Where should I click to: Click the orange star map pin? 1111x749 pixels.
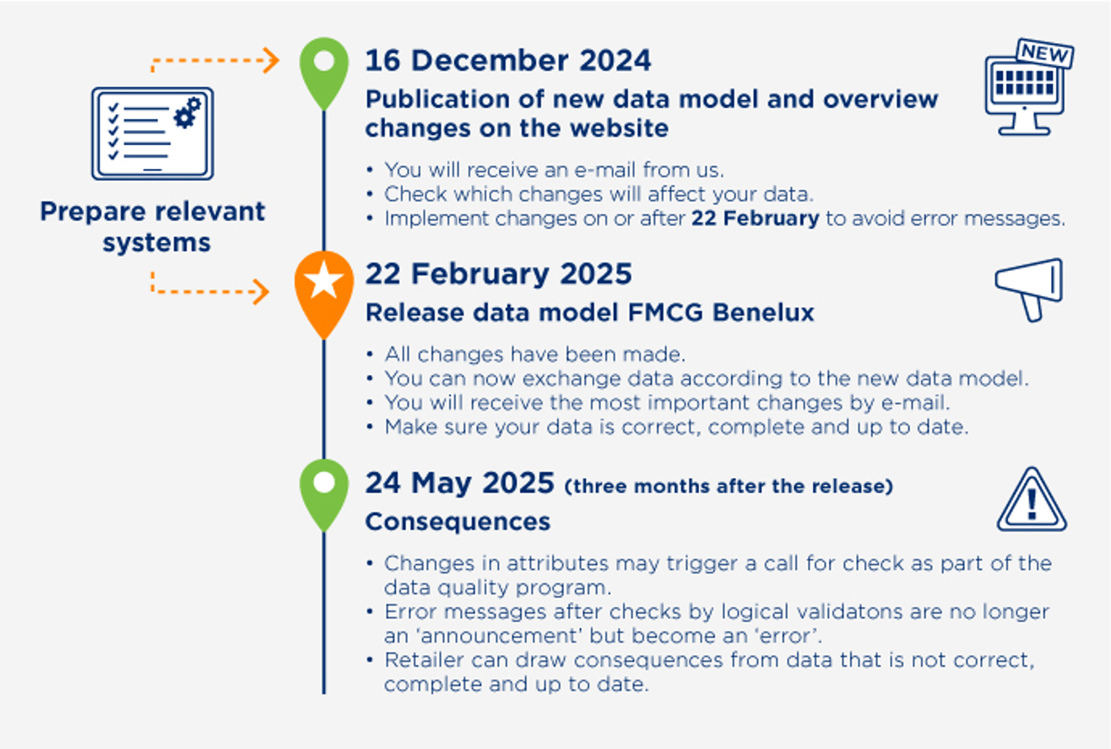tap(324, 294)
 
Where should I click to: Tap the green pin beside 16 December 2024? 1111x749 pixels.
tap(324, 72)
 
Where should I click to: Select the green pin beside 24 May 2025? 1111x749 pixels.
tap(324, 494)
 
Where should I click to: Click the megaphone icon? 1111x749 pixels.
tap(1028, 289)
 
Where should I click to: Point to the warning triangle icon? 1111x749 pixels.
tap(1032, 500)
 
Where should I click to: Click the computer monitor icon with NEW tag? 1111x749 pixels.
tap(1029, 87)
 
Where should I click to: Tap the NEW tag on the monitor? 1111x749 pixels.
tap(1045, 53)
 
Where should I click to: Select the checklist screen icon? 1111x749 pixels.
tap(153, 133)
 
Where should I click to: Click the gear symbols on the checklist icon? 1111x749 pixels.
tap(187, 112)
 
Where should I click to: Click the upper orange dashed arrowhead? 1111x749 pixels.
tap(271, 61)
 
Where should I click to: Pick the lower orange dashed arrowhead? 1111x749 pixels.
tap(261, 291)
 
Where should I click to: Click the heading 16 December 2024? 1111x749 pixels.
tap(508, 61)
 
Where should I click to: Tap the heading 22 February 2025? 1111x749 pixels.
tap(498, 274)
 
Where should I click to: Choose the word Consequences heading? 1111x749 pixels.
tap(458, 521)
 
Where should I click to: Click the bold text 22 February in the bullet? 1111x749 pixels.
tap(755, 218)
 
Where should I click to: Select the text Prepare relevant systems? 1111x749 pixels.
tap(153, 226)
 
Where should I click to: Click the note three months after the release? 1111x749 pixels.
tap(729, 486)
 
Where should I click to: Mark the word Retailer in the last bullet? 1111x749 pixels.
tap(424, 659)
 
